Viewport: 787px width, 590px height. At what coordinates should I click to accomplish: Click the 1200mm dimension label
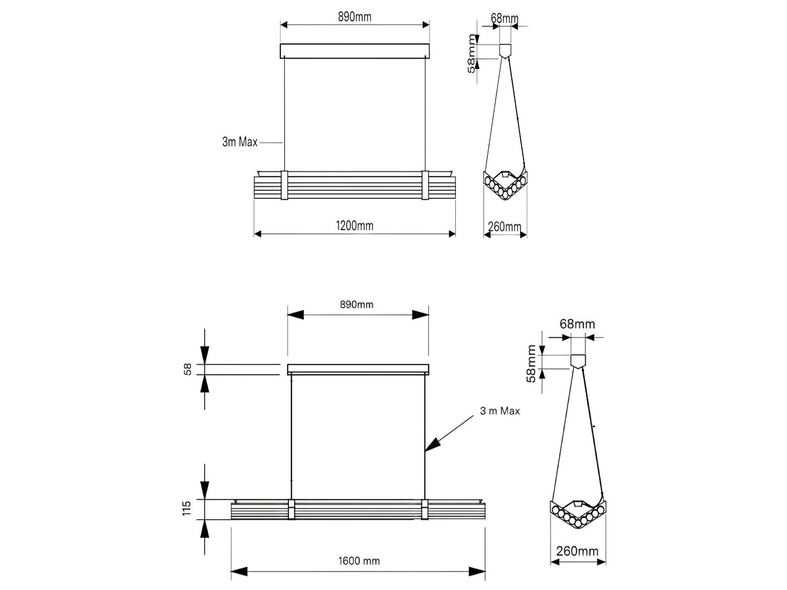click(x=355, y=226)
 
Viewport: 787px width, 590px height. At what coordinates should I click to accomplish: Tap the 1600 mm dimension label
click(x=359, y=561)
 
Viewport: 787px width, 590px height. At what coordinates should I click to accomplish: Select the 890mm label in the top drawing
click(x=355, y=17)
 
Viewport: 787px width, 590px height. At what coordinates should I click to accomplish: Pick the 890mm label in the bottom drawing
click(x=357, y=304)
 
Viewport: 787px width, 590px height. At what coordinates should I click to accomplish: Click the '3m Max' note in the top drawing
click(x=240, y=142)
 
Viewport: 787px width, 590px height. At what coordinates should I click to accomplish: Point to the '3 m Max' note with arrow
click(x=500, y=411)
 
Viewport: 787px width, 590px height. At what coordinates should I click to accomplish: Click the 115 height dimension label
click(x=187, y=508)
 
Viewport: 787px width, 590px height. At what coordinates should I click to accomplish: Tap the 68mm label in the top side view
click(x=505, y=18)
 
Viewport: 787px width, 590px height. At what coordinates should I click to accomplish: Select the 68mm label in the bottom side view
click(x=577, y=324)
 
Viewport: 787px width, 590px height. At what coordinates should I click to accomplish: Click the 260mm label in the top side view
click(x=505, y=227)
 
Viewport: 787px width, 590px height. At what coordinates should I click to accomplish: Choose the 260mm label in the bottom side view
click(x=577, y=551)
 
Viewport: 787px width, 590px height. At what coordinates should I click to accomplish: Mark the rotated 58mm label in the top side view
click(x=472, y=54)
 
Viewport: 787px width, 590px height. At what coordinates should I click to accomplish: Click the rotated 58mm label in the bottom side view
click(x=531, y=364)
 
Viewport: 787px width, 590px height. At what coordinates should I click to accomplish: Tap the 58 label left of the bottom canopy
click(x=187, y=370)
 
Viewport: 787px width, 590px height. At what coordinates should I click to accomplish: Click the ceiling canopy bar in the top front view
click(x=355, y=51)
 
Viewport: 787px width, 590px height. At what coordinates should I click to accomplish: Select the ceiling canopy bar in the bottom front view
click(x=358, y=369)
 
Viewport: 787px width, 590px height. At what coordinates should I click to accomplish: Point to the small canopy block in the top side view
click(x=505, y=50)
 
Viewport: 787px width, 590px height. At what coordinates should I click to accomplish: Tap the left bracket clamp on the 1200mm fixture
click(x=284, y=185)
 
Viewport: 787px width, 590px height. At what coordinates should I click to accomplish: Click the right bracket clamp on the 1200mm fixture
click(x=425, y=185)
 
